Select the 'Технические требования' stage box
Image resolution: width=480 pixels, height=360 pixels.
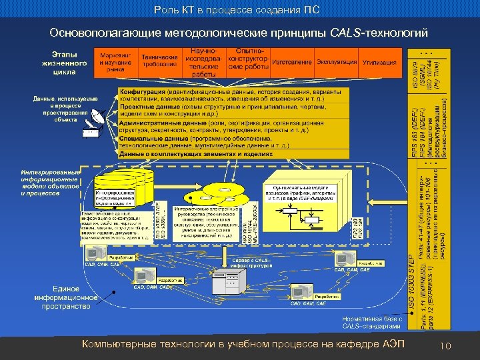[x=159, y=61]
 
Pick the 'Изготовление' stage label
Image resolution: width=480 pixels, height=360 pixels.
[x=291, y=62]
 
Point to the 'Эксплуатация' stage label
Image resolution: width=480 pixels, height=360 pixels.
[x=337, y=62]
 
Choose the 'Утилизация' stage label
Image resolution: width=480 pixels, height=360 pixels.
[x=379, y=62]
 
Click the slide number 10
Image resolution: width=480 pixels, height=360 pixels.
[x=446, y=345]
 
